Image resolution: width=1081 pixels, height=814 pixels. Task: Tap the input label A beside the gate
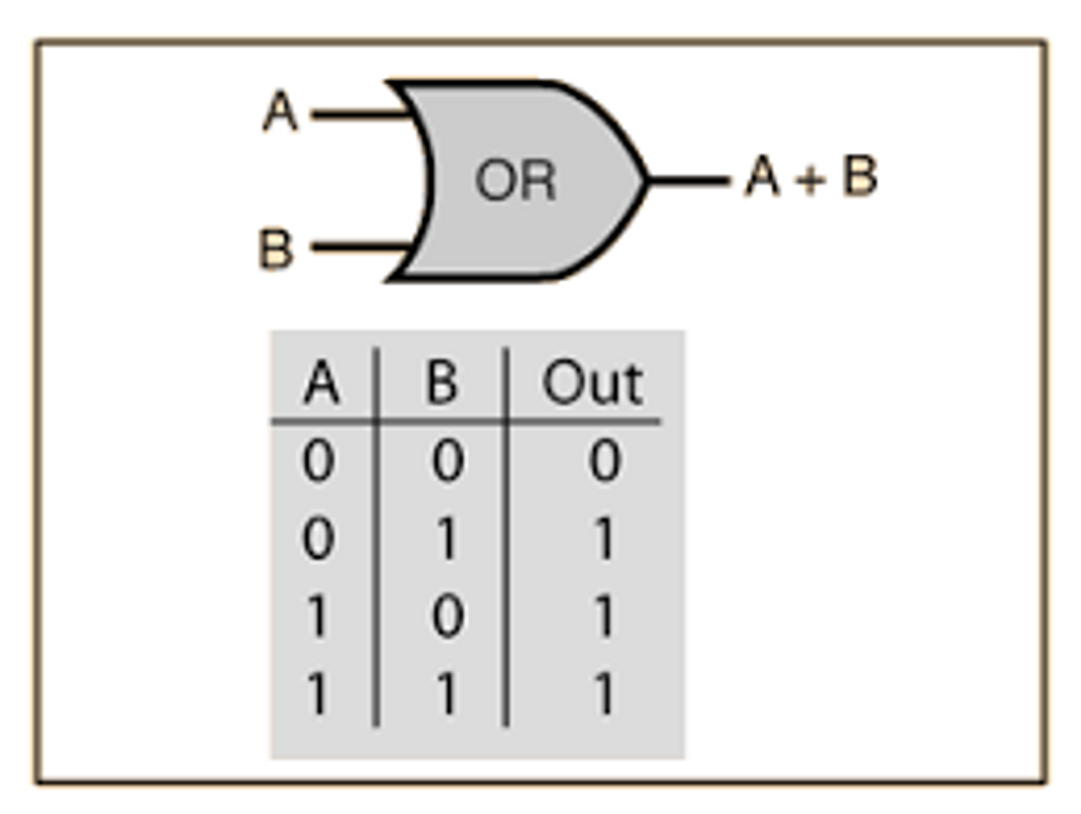point(281,111)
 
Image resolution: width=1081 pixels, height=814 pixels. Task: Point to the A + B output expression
point(811,176)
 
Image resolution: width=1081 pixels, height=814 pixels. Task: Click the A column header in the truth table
point(322,383)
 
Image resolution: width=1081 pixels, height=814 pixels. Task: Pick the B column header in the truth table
point(442,383)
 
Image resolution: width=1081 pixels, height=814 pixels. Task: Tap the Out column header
point(592,383)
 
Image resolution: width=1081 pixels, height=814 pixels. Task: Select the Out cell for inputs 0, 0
point(604,461)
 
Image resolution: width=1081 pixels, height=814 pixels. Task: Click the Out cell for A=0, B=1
point(604,538)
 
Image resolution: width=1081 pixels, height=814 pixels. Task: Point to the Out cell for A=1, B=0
point(604,616)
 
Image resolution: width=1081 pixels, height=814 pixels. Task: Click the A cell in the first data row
point(318,461)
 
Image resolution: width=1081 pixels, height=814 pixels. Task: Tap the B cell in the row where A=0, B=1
point(448,538)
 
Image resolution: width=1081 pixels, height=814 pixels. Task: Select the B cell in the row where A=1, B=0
point(448,616)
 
